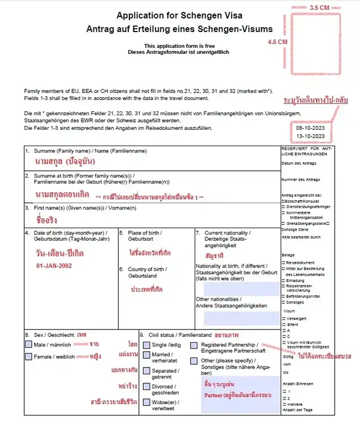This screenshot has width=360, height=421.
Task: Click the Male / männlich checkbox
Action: pyautogui.click(x=29, y=344)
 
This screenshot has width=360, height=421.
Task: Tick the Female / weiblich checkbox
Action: pyautogui.click(x=29, y=357)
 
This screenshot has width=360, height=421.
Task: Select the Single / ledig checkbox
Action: pyautogui.click(x=147, y=345)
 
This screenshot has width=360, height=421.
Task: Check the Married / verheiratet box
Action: pyautogui.click(x=147, y=355)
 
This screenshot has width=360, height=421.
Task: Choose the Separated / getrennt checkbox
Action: pyautogui.click(x=147, y=372)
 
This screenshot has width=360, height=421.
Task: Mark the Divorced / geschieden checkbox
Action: pyautogui.click(x=147, y=387)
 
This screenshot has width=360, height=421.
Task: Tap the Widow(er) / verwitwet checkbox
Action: pyautogui.click(x=147, y=403)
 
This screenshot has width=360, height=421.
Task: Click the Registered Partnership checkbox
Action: pyautogui.click(x=194, y=345)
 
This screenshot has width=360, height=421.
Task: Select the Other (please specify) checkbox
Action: pyautogui.click(x=194, y=360)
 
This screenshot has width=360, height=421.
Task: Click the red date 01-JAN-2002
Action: pyautogui.click(x=54, y=265)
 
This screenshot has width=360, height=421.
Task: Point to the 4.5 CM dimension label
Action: pyautogui.click(x=277, y=42)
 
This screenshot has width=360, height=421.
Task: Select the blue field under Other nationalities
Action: pyautogui.click(x=241, y=318)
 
